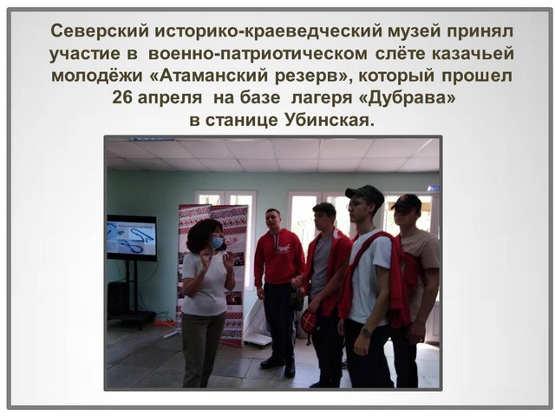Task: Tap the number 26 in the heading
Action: pyautogui.click(x=121, y=97)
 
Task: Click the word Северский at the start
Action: pyautogui.click(x=100, y=31)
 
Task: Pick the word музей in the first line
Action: pyautogui.click(x=414, y=32)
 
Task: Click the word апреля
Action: pyautogui.click(x=170, y=98)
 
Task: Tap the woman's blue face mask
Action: pyautogui.click(x=217, y=242)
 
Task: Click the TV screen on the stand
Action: pyautogui.click(x=132, y=237)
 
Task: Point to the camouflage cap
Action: pyautogui.click(x=364, y=194)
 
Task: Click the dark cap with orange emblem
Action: pyautogui.click(x=407, y=202)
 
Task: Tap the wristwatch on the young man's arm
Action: pyautogui.click(x=365, y=332)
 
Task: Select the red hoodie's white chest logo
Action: pyautogui.click(x=284, y=248)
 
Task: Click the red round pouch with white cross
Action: pyautogui.click(x=309, y=321)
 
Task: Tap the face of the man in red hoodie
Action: pyautogui.click(x=272, y=221)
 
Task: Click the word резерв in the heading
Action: pyautogui.click(x=310, y=76)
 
